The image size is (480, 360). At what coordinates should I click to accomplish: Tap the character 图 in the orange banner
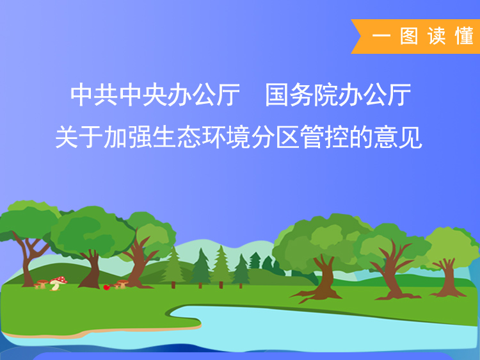pyautogui.click(x=409, y=37)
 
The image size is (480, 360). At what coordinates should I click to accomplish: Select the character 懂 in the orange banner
pyautogui.click(x=465, y=37)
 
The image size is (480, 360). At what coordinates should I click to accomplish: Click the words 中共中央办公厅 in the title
pyautogui.click(x=156, y=95)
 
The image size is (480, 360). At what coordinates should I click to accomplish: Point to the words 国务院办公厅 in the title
pyautogui.click(x=338, y=95)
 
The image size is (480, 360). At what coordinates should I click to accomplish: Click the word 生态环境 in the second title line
pyautogui.click(x=202, y=137)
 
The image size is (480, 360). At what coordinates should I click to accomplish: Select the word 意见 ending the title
pyautogui.click(x=397, y=137)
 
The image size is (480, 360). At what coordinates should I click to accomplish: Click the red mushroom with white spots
pyautogui.click(x=58, y=283)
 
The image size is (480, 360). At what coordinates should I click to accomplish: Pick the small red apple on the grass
pyautogui.click(x=106, y=287)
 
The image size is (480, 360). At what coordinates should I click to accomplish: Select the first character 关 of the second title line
pyautogui.click(x=67, y=137)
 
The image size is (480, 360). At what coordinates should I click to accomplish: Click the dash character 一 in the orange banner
pyautogui.click(x=381, y=37)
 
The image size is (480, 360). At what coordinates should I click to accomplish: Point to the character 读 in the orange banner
pyautogui.click(x=436, y=37)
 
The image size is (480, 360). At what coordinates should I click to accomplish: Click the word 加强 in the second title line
pyautogui.click(x=128, y=137)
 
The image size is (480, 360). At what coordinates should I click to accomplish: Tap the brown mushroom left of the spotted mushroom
pyautogui.click(x=42, y=284)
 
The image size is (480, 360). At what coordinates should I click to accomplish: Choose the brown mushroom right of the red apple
pyautogui.click(x=122, y=284)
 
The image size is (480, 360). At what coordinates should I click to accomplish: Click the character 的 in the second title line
pyautogui.click(x=361, y=137)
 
